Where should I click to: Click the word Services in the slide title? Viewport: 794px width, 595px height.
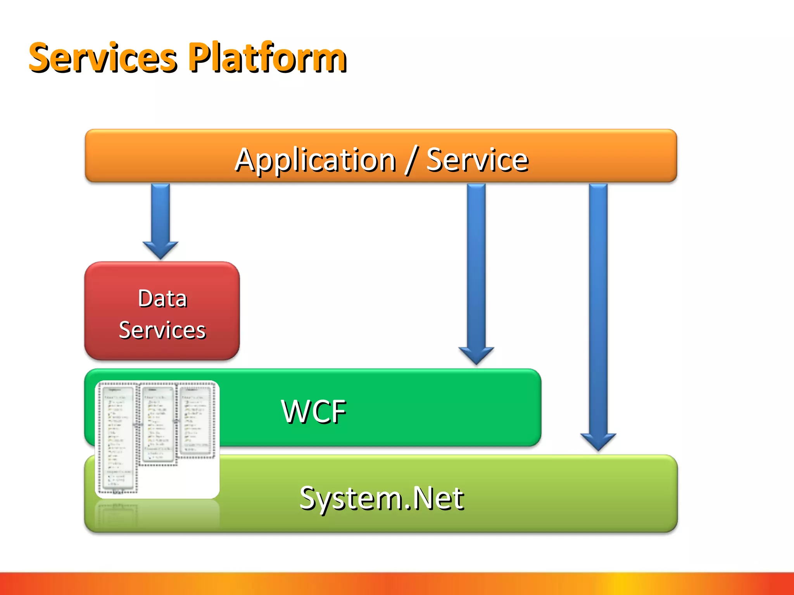103,58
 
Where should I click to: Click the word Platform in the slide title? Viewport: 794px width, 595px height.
268,58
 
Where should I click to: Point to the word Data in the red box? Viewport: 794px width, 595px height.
162,299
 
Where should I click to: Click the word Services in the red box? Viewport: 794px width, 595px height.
162,330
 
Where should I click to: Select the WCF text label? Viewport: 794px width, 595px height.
313,411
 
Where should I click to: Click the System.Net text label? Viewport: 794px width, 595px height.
381,498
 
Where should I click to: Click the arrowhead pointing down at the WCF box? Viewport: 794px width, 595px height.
476,354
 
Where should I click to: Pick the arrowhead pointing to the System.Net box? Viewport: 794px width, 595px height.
598,441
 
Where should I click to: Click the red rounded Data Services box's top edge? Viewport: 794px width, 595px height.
162,263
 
